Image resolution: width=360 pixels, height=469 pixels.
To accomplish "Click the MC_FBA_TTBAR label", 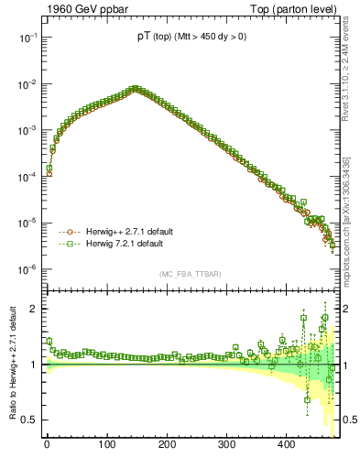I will coord(189,275).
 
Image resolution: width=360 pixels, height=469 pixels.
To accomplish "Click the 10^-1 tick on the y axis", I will coord(27,38).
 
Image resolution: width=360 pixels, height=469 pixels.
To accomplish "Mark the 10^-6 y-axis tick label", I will coord(27,269).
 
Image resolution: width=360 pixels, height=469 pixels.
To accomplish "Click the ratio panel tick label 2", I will coord(32,309).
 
